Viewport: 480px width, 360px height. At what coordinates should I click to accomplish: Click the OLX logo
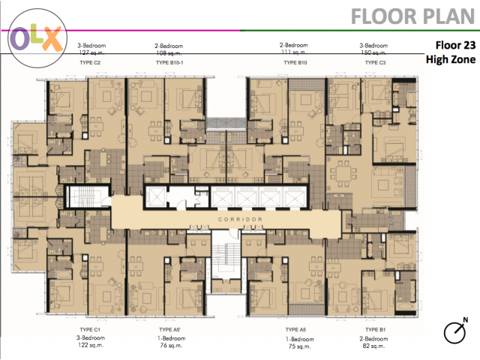tap(37, 38)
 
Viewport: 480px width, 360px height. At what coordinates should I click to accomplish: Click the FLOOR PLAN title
tap(413, 16)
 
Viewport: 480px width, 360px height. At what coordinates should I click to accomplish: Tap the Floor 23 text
tap(455, 45)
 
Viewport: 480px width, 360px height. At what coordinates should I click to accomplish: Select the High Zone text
tap(451, 59)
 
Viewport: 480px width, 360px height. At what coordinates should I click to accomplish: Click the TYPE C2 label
tap(90, 62)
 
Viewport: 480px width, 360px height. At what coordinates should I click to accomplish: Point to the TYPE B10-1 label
tap(169, 62)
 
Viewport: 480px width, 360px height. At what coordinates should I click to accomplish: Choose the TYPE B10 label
tap(295, 62)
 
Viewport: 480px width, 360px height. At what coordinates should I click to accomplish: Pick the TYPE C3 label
tap(375, 62)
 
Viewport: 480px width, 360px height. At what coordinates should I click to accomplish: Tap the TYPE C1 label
tap(90, 330)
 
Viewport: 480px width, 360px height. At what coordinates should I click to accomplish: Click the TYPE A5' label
tap(170, 330)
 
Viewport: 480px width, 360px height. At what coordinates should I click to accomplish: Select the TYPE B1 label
tap(375, 330)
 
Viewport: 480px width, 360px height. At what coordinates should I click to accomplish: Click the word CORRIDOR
tap(240, 220)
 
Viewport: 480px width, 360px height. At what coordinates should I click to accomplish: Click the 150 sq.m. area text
tap(373, 52)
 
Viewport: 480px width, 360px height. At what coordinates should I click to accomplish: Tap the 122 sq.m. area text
tap(91, 345)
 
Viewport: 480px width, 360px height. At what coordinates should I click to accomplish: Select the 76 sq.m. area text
tap(171, 346)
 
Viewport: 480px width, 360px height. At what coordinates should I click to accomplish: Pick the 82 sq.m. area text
tap(373, 346)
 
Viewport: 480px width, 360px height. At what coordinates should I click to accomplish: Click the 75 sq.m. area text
tap(299, 346)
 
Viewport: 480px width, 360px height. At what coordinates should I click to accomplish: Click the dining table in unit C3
tap(343, 173)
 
